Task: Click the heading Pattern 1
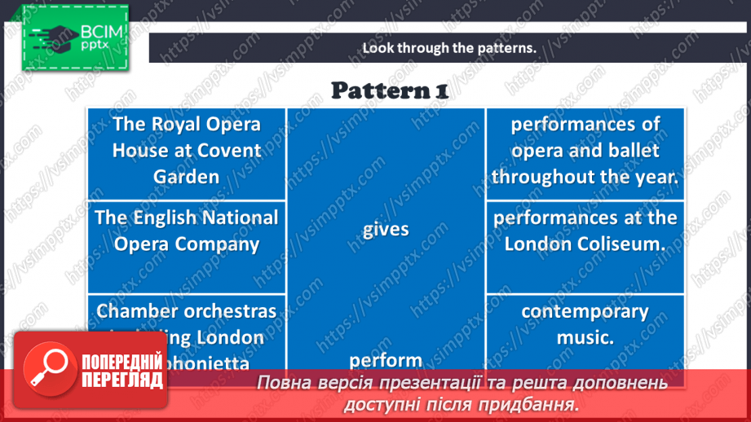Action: coord(389,90)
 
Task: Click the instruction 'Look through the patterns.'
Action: coord(449,47)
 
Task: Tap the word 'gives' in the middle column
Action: coord(386,230)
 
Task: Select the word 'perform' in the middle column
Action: coord(386,359)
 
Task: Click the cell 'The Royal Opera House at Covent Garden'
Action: coord(187,150)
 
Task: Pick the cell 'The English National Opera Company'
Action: coord(187,231)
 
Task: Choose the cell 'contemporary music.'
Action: coord(585,323)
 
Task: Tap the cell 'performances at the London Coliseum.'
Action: coord(585,231)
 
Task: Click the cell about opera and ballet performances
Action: coord(585,150)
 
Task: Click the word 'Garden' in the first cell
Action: coord(187,176)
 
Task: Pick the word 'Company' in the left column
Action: coord(221,244)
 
